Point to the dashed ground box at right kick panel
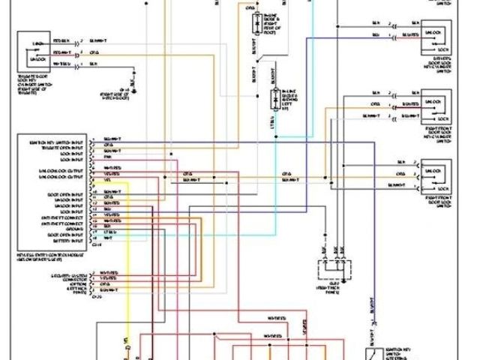(x=334, y=268)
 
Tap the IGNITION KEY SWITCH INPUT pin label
(x=56, y=139)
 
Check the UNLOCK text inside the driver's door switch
(x=433, y=32)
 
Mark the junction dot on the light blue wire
(x=274, y=136)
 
